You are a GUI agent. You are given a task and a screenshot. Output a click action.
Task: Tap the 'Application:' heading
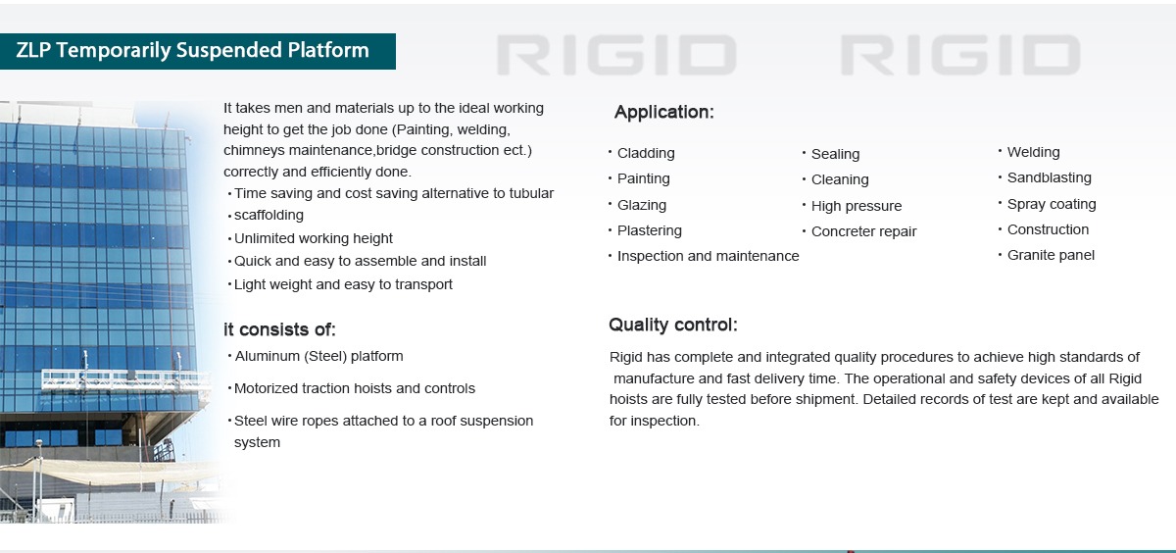(663, 113)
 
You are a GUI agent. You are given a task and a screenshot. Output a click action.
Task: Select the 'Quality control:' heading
(672, 326)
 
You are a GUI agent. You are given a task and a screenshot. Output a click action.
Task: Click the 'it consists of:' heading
(279, 330)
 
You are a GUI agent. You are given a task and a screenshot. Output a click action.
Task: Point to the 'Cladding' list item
(646, 153)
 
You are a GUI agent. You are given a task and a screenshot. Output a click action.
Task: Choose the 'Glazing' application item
(642, 205)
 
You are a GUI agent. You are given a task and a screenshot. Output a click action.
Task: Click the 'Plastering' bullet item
(650, 230)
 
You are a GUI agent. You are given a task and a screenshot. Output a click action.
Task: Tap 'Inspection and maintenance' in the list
(708, 256)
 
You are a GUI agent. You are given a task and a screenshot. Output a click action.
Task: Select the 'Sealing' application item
(835, 154)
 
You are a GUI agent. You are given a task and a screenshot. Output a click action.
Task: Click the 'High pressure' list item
(857, 206)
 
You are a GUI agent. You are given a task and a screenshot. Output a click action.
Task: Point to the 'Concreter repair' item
(863, 232)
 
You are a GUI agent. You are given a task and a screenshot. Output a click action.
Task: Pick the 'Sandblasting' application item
(1049, 177)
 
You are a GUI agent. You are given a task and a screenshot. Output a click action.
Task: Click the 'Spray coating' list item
(1052, 204)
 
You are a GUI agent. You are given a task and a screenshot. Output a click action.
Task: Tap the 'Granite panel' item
(1051, 255)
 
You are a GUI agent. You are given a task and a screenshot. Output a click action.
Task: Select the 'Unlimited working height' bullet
(314, 238)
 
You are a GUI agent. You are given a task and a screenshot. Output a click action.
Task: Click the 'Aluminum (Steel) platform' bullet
(318, 356)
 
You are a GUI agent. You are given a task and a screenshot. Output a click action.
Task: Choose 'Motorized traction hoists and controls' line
(355, 388)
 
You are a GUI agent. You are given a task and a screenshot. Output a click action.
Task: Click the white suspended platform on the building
(122, 378)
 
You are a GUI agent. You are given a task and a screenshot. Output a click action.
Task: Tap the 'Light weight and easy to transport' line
(343, 284)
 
